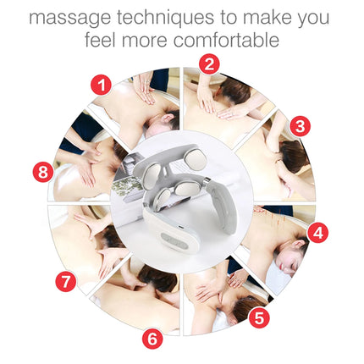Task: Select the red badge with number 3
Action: tap(298, 125)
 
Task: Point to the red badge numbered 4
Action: tap(317, 231)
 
